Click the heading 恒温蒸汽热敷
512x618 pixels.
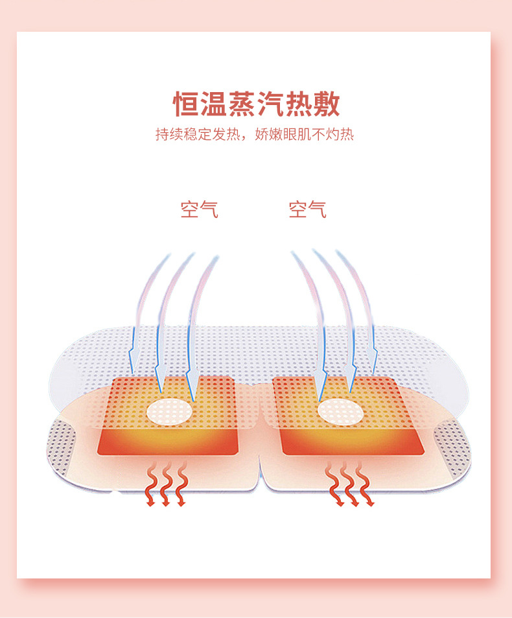256,104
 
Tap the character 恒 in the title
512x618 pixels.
186,104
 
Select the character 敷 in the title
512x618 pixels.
326,104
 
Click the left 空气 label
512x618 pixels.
199,209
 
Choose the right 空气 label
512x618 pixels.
307,209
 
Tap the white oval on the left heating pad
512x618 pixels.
170,410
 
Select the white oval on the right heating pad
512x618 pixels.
341,410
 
